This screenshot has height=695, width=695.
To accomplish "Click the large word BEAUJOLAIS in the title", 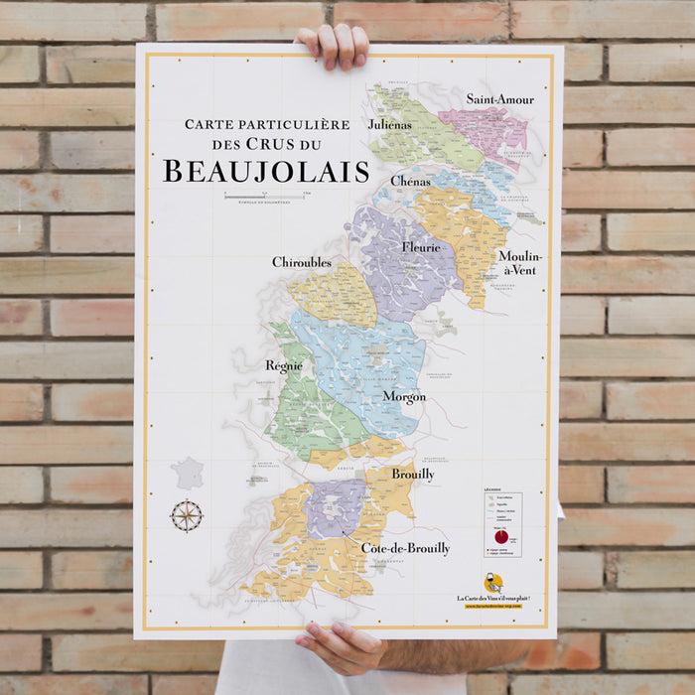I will (x=265, y=172).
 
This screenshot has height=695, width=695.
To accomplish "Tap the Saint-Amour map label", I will (x=499, y=98).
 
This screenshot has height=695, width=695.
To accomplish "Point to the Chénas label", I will (x=410, y=181).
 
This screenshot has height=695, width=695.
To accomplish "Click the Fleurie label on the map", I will (x=421, y=247).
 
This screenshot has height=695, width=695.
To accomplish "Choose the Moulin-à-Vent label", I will (x=519, y=263).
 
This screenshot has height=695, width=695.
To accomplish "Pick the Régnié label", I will (x=283, y=365).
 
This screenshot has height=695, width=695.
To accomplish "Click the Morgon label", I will (x=404, y=396).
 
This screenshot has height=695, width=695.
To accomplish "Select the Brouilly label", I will (x=412, y=475).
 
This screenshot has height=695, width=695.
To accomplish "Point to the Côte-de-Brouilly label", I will (x=405, y=548).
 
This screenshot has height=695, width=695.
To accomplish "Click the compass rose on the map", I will (x=187, y=515).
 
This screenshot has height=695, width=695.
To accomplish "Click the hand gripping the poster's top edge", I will (x=333, y=45).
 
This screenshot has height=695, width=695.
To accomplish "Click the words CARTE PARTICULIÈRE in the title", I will (x=267, y=125).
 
